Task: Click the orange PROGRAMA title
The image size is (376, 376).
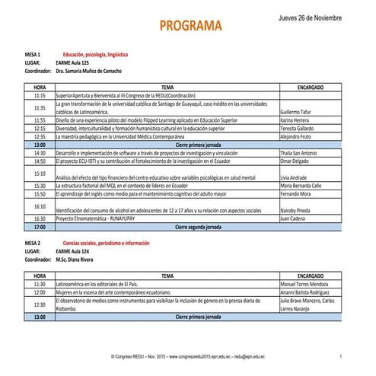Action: click(x=191, y=27)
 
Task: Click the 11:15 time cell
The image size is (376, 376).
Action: click(x=40, y=97)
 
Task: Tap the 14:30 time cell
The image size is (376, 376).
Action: click(x=40, y=153)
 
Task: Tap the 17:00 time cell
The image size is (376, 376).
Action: click(x=40, y=227)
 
